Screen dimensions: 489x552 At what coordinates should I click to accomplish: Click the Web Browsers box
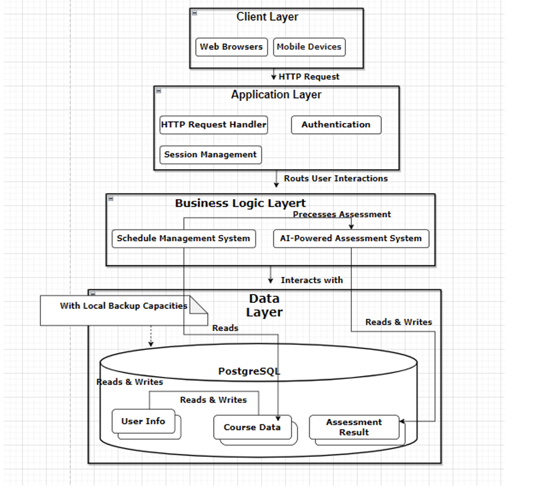pyautogui.click(x=231, y=47)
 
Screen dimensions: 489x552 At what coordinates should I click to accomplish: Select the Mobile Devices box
pyautogui.click(x=309, y=47)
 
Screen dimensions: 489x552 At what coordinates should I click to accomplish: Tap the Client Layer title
pyautogui.click(x=267, y=17)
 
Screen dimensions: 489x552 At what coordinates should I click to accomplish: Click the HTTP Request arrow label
pyautogui.click(x=309, y=77)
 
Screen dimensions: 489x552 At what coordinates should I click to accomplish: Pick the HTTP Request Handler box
pyautogui.click(x=214, y=125)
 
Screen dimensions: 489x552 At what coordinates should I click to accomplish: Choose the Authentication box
pyautogui.click(x=336, y=125)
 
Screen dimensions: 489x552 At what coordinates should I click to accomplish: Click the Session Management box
pyautogui.click(x=210, y=155)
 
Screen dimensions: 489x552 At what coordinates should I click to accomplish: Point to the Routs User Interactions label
pyautogui.click(x=336, y=179)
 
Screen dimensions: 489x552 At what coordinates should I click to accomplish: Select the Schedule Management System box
pyautogui.click(x=183, y=238)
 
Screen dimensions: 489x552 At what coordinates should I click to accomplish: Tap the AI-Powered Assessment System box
pyautogui.click(x=351, y=238)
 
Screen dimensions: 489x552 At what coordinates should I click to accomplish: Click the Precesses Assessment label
pyautogui.click(x=341, y=214)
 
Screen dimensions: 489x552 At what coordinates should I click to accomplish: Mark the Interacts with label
pyautogui.click(x=312, y=280)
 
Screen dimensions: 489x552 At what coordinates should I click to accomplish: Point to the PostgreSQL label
pyautogui.click(x=249, y=371)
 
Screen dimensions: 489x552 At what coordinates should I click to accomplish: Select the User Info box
pyautogui.click(x=143, y=422)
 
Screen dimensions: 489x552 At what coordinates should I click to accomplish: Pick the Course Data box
pyautogui.click(x=252, y=428)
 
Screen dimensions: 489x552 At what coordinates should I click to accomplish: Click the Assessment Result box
pyautogui.click(x=354, y=427)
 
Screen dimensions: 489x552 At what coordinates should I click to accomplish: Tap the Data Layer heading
pyautogui.click(x=264, y=305)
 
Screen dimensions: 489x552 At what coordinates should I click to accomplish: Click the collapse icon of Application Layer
pyautogui.click(x=159, y=91)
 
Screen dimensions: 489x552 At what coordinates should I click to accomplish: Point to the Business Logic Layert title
pyautogui.click(x=240, y=203)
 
